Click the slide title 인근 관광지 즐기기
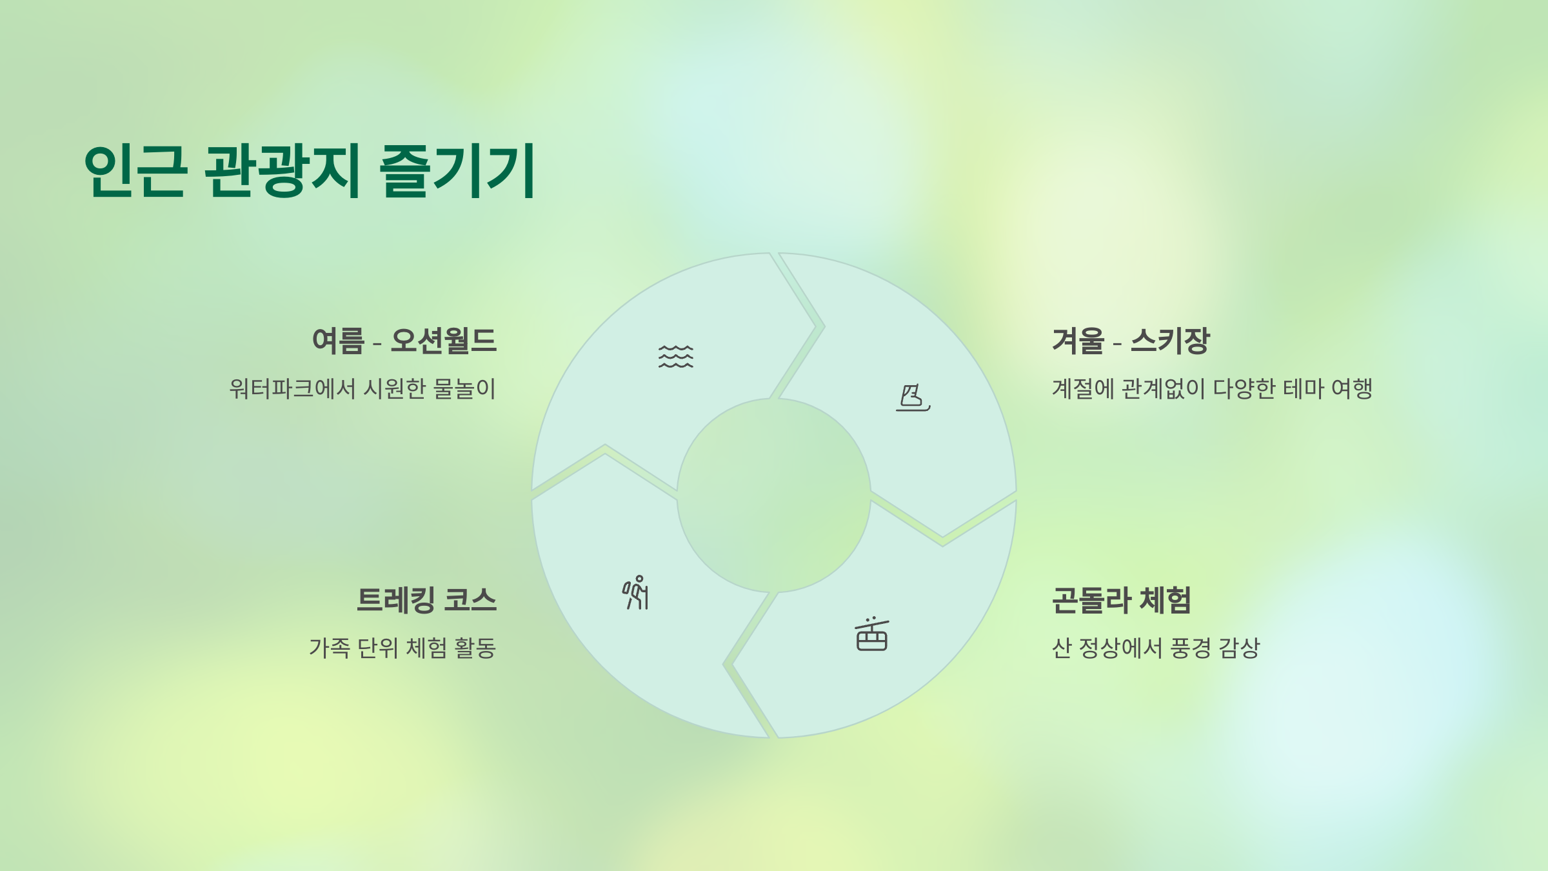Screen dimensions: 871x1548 pyautogui.click(x=310, y=170)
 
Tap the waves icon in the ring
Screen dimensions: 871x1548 pyautogui.click(x=675, y=356)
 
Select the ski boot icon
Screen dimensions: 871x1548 pyautogui.click(x=913, y=397)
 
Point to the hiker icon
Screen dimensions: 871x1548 pyautogui.click(x=636, y=592)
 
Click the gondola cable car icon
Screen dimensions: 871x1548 pyautogui.click(x=871, y=634)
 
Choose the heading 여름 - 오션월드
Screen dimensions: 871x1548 pyautogui.click(x=404, y=341)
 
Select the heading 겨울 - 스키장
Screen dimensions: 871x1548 pyautogui.click(x=1131, y=341)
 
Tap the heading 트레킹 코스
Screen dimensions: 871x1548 pyautogui.click(x=426, y=600)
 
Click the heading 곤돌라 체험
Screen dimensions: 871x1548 pyautogui.click(x=1121, y=600)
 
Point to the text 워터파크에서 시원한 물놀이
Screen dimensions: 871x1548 pyautogui.click(x=362, y=388)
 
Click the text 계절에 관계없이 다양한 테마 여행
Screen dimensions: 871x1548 pyautogui.click(x=1212, y=388)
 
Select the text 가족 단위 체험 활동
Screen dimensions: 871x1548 pyautogui.click(x=402, y=648)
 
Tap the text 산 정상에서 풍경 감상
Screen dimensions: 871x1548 pyautogui.click(x=1155, y=648)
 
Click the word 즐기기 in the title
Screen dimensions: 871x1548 pyautogui.click(x=458, y=170)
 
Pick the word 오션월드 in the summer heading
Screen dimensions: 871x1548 pyautogui.click(x=444, y=341)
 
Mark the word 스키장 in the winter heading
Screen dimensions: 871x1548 pyautogui.click(x=1170, y=341)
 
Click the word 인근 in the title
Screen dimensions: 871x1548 pyautogui.click(x=135, y=170)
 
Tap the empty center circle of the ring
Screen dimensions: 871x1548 pyautogui.click(x=773, y=496)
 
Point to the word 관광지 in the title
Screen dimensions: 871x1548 pyautogui.click(x=283, y=170)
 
